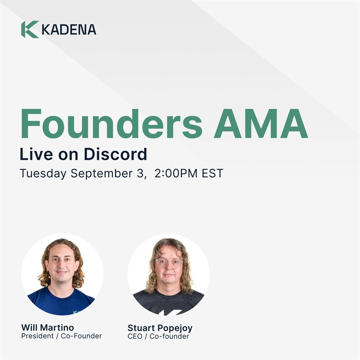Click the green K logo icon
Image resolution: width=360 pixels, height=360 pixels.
pos(30,30)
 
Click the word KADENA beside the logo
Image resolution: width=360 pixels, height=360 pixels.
pos(69,30)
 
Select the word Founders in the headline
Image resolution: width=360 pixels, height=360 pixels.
pos(112,123)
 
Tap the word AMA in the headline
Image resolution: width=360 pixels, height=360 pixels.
pos(261,123)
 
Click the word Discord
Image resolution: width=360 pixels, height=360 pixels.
pos(115,154)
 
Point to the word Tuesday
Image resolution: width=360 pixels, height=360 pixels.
pos(43,174)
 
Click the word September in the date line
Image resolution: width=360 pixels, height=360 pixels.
pos(102,174)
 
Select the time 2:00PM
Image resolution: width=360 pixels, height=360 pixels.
pos(176,174)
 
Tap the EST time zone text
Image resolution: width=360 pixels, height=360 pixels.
pos(212,174)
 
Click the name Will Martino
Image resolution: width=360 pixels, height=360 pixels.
pos(48,327)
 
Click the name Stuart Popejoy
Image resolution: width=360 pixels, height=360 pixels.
pos(160,328)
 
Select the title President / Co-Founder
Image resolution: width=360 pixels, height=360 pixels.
pos(62,336)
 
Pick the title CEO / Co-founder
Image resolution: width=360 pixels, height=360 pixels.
pos(158,336)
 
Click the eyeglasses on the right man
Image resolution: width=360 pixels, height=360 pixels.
pos(169,263)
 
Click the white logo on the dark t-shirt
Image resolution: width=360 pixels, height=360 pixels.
pos(170,312)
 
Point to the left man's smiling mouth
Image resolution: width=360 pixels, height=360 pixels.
pos(62,272)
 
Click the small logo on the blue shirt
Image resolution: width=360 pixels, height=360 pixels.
pos(76,312)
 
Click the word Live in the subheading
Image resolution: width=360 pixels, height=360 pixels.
pos(36,154)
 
